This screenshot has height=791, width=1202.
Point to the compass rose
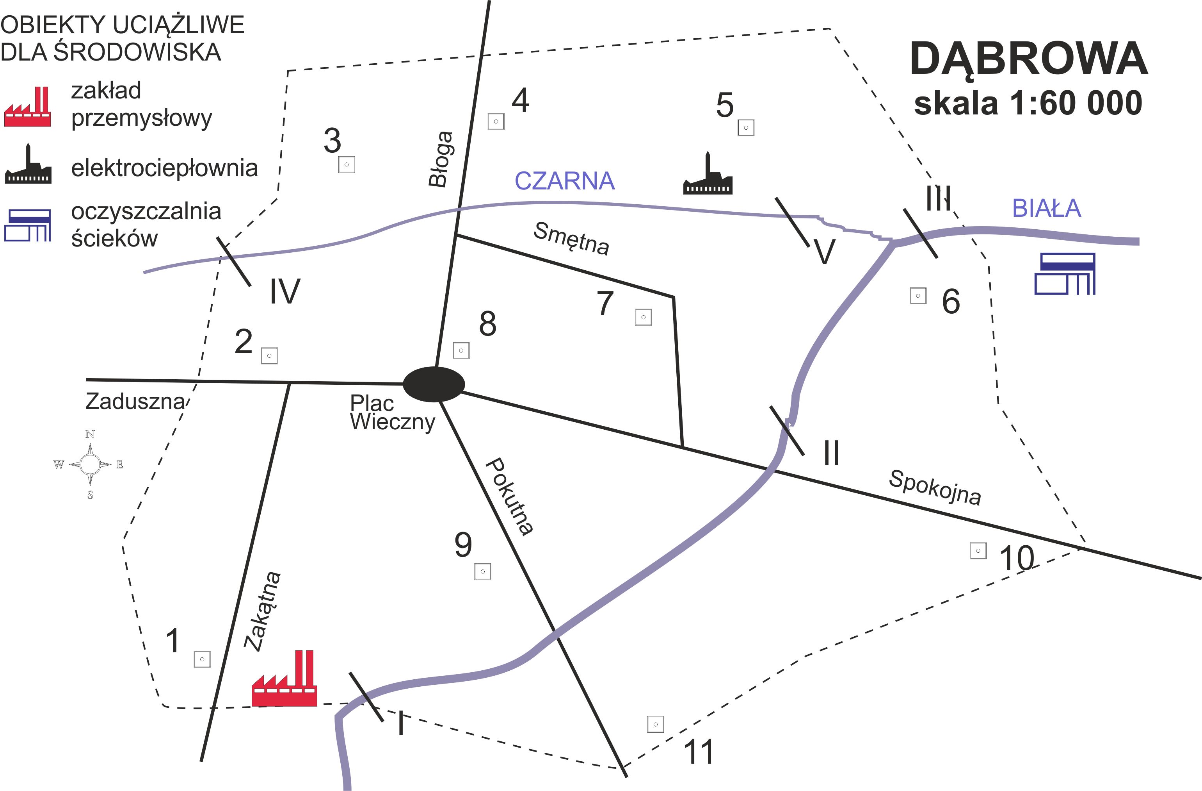pos(90,464)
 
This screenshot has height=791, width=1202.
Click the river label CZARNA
pos(564,181)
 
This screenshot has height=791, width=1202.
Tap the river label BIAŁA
pos(1046,208)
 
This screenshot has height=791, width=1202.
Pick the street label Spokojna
pos(935,487)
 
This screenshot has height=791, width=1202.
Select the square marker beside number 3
pos(347,165)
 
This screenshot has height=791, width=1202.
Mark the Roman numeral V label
pos(825,251)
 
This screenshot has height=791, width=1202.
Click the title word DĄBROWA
pos(1028,60)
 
